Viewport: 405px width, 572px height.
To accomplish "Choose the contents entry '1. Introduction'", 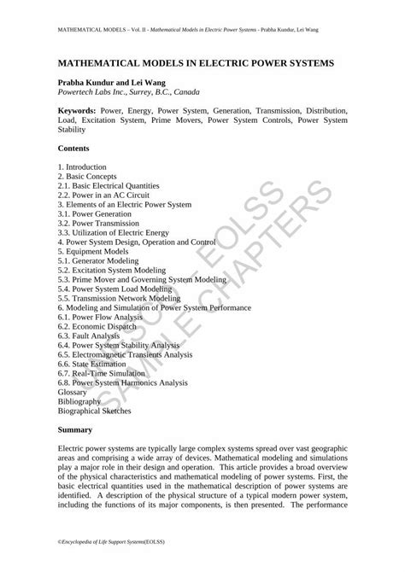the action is click(82, 166).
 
